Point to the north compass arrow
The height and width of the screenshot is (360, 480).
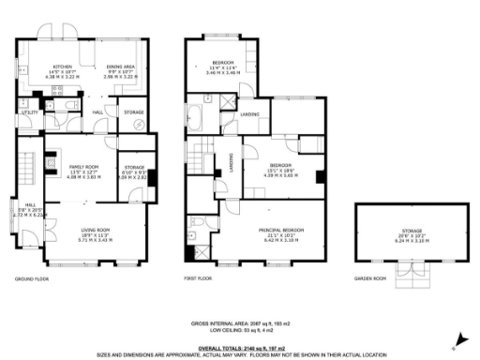point(457,339)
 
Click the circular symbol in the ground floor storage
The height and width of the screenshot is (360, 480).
point(140,124)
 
